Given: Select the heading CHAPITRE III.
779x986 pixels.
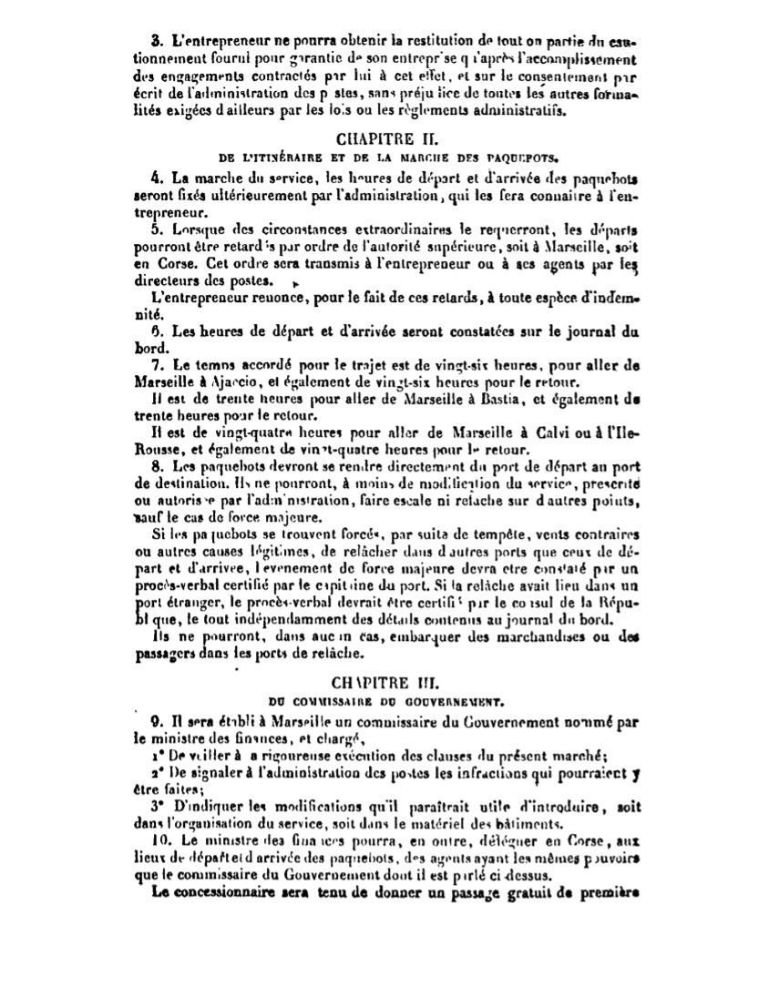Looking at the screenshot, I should point(387,681).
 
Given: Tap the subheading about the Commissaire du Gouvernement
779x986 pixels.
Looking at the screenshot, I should point(387,700).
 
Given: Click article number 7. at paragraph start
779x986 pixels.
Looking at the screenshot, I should point(156,364).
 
